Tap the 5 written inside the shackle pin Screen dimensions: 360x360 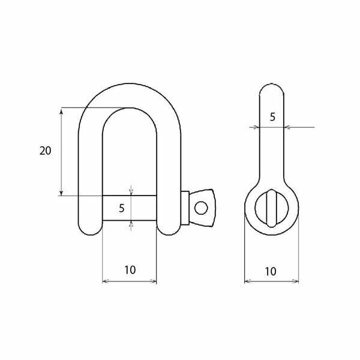pos(121,208)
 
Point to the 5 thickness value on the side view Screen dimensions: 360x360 pos(272,117)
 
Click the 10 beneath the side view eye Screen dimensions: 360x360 pos(271,271)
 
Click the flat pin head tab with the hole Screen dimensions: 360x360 pos(202,208)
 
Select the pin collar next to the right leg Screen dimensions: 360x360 pos(185,208)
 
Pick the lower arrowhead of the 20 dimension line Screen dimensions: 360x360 pos(61,193)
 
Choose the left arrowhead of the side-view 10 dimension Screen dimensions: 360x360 pos(247,280)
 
